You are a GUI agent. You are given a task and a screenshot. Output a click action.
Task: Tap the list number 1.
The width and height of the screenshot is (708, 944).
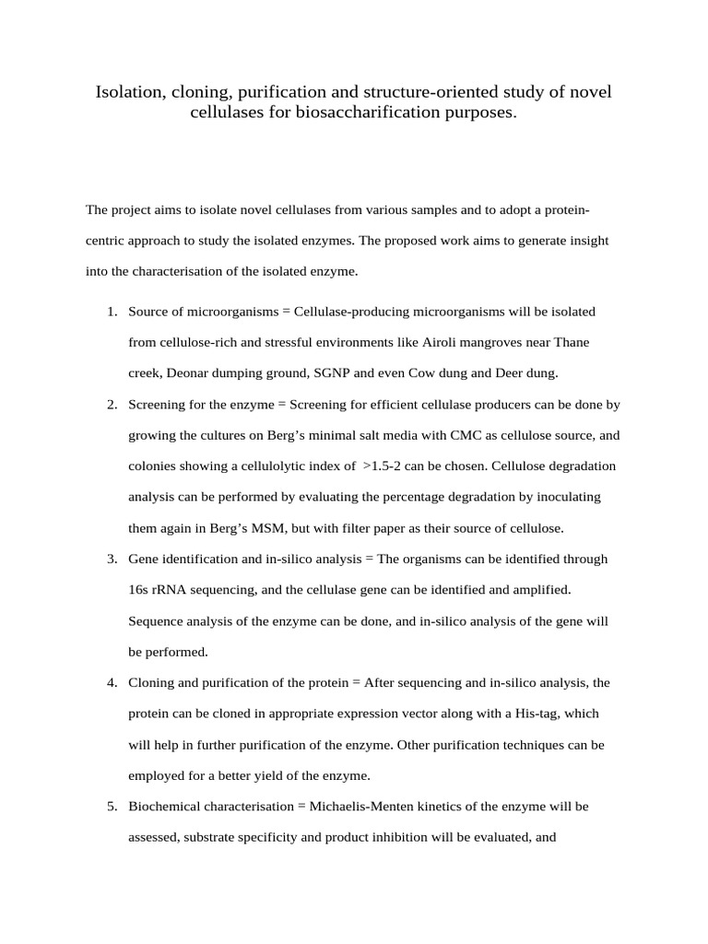click(112, 312)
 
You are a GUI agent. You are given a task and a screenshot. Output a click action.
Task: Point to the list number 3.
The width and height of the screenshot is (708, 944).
click(112, 560)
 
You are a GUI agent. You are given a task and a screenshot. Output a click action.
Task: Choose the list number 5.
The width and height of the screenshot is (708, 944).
click(112, 807)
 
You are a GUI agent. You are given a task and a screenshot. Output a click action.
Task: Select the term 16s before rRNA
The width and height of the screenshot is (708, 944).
click(139, 590)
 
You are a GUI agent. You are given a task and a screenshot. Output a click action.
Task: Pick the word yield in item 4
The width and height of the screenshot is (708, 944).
click(298, 776)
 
